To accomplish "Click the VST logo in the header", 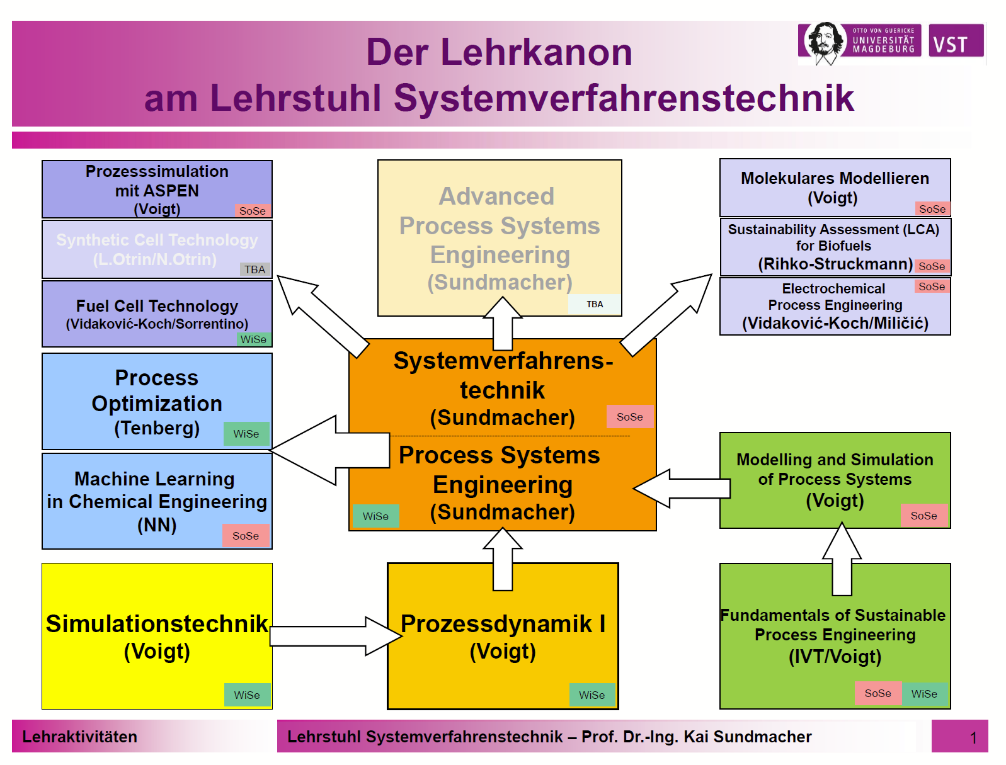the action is pyautogui.click(x=956, y=40).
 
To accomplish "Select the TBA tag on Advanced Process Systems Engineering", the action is pyautogui.click(x=595, y=304).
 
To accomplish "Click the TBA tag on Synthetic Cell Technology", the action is pyautogui.click(x=255, y=269).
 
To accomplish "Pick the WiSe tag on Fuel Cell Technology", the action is pyautogui.click(x=253, y=339).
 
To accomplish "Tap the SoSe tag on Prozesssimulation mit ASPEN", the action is pyautogui.click(x=253, y=211).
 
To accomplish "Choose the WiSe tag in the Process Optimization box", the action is pyautogui.click(x=246, y=433).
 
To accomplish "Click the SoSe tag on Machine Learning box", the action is pyautogui.click(x=246, y=535).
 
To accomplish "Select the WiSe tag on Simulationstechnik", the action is pyautogui.click(x=247, y=695).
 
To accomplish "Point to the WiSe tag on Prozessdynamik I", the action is pyautogui.click(x=592, y=695).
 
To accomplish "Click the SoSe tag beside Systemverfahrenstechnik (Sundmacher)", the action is pyautogui.click(x=630, y=416).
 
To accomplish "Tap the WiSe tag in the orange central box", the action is pyautogui.click(x=376, y=516).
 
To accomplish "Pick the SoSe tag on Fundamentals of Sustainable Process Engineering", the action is pyautogui.click(x=878, y=694).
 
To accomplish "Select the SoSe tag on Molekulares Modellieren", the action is pyautogui.click(x=933, y=209).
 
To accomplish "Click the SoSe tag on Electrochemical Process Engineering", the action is pyautogui.click(x=932, y=286).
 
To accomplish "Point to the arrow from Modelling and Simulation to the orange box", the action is pyautogui.click(x=682, y=489).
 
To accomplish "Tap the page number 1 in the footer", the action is pyautogui.click(x=973, y=738).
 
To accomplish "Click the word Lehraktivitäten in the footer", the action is pyautogui.click(x=80, y=737).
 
